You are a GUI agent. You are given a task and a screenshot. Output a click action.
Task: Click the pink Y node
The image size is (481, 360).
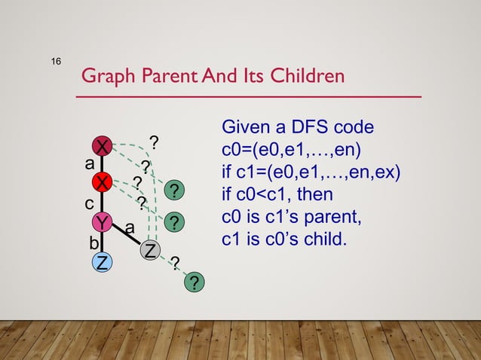(102, 222)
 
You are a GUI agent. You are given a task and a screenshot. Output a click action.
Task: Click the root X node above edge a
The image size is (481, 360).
(102, 145)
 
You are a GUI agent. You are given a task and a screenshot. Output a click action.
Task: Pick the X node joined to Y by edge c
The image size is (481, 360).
(102, 182)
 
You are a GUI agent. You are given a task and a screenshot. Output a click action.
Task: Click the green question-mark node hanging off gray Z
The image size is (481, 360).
(194, 282)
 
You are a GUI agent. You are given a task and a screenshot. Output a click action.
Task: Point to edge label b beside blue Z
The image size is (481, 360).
(93, 243)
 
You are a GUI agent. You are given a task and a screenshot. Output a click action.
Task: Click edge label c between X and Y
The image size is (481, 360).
(88, 203)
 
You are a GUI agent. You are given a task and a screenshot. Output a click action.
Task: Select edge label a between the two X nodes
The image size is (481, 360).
(89, 162)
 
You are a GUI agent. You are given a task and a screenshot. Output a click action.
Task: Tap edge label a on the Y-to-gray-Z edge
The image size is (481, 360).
(129, 226)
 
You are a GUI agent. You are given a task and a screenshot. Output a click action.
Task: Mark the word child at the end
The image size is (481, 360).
(328, 241)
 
